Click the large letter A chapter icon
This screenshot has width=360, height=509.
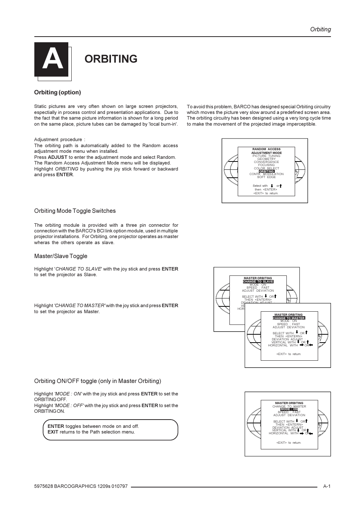(51, 60)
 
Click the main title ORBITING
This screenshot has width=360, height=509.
(111, 59)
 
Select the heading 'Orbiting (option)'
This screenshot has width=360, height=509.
(57, 92)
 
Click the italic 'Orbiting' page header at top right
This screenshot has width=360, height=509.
(320, 29)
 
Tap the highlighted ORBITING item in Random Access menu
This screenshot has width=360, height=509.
(266, 171)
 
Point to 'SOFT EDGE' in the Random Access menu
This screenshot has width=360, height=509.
(266, 177)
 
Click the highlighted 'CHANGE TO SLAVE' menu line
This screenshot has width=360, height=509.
(258, 281)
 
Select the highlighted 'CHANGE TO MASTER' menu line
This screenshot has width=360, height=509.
(289, 318)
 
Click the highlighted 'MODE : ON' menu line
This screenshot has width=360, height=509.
(289, 409)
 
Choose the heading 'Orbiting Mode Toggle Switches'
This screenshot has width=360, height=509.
(75, 211)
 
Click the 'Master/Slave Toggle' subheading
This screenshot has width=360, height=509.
(61, 256)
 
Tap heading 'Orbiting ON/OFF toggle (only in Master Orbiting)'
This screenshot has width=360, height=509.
(97, 381)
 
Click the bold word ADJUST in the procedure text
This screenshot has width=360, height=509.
(57, 157)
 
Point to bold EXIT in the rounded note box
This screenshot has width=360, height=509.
(53, 432)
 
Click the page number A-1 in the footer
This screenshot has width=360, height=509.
(326, 486)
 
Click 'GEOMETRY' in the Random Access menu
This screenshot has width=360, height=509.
(266, 159)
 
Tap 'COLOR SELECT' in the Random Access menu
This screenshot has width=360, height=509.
(266, 168)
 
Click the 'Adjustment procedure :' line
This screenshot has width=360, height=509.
(60, 140)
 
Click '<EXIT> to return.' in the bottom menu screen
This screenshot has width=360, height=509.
(289, 443)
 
